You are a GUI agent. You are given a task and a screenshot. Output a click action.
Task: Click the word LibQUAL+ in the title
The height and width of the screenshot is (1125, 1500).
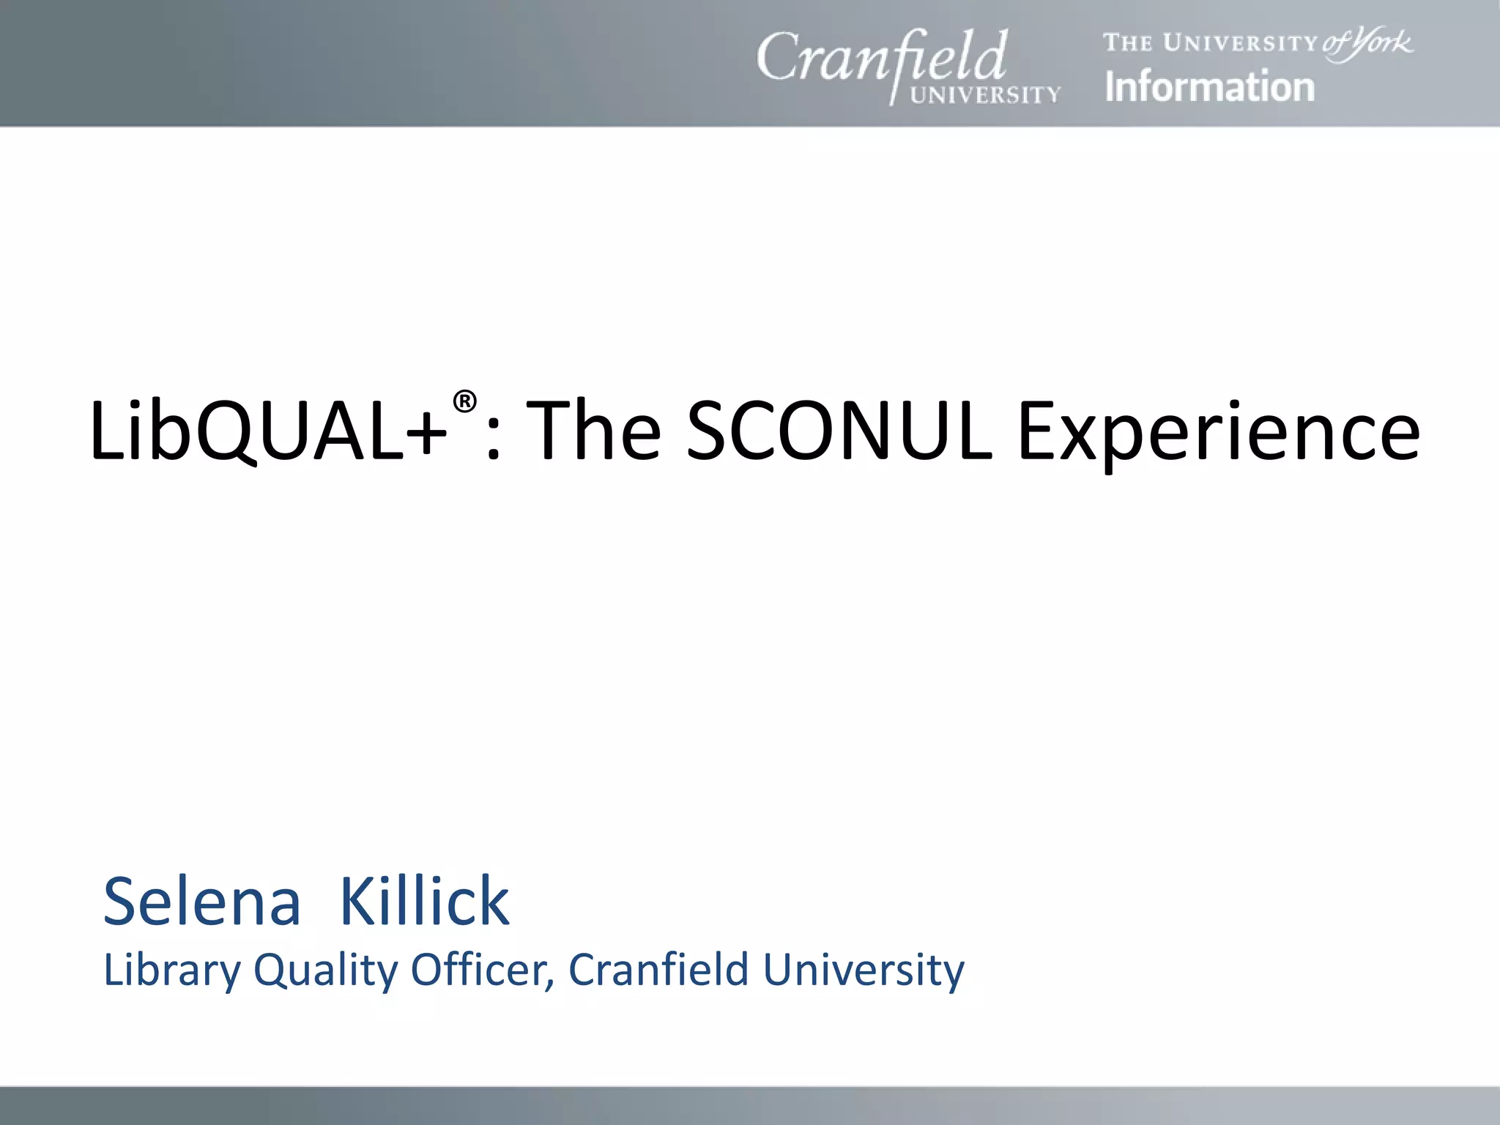(x=268, y=432)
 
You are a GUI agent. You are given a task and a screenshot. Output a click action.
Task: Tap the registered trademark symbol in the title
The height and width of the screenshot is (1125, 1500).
(x=464, y=401)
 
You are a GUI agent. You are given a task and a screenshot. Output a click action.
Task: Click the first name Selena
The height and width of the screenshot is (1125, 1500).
(x=202, y=902)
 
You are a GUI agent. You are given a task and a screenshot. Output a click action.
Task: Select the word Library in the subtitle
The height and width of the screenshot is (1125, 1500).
(x=172, y=971)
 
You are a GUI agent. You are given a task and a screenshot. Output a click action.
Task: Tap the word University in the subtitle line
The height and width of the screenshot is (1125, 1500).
(x=864, y=971)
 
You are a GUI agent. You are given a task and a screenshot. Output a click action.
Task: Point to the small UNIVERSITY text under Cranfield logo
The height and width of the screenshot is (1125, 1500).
(x=985, y=95)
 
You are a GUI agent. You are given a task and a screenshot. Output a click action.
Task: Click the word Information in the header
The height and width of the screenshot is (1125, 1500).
(x=1209, y=86)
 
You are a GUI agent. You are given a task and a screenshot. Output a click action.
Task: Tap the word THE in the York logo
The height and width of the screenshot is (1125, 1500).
(x=1129, y=43)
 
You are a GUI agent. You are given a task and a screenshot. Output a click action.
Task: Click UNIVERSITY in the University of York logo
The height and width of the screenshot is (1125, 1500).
(x=1241, y=43)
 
